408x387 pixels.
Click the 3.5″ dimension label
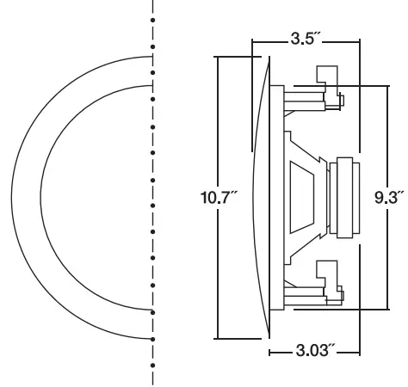point(304,40)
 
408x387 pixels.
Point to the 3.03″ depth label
point(315,352)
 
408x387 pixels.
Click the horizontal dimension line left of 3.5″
point(267,40)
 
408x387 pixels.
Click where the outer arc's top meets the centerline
point(152,54)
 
